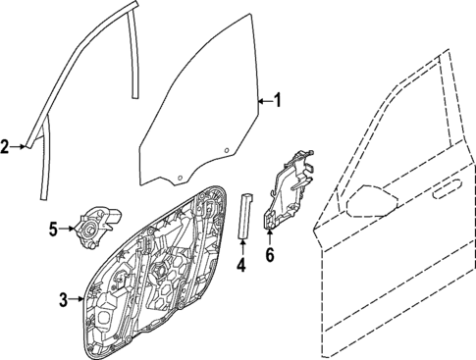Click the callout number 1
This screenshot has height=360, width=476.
click(x=278, y=100)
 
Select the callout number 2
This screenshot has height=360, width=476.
click(x=6, y=147)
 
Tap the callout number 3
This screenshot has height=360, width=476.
click(x=63, y=300)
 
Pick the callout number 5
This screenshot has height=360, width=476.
click(x=55, y=231)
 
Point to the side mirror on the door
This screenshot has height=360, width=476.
click(x=370, y=199)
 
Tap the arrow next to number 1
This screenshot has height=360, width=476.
click(x=263, y=100)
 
